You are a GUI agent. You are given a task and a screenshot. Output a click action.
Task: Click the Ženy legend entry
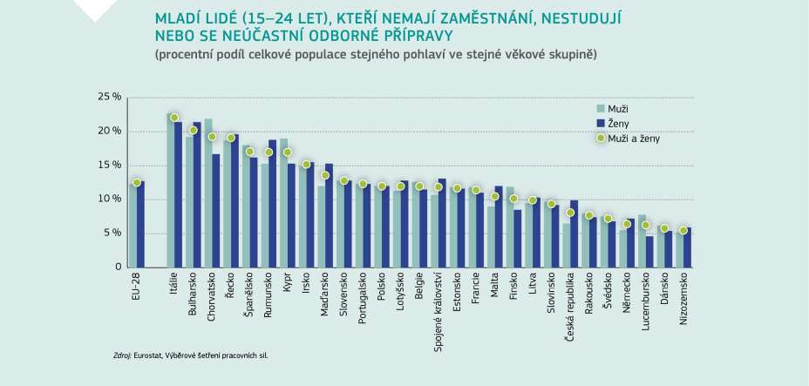click(x=618, y=123)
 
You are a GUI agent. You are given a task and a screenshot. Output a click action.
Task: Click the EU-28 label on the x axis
click(x=134, y=286)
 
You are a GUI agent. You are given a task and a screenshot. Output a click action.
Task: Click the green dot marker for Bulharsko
click(x=193, y=131)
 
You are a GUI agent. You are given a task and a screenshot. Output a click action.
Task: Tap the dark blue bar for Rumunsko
click(x=272, y=203)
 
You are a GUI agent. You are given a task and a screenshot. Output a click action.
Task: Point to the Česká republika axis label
click(x=569, y=311)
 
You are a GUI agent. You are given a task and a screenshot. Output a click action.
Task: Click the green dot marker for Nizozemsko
click(x=683, y=230)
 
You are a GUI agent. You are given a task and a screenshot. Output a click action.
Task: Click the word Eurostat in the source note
click(x=149, y=356)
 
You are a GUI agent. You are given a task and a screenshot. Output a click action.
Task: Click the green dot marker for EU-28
click(x=136, y=183)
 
